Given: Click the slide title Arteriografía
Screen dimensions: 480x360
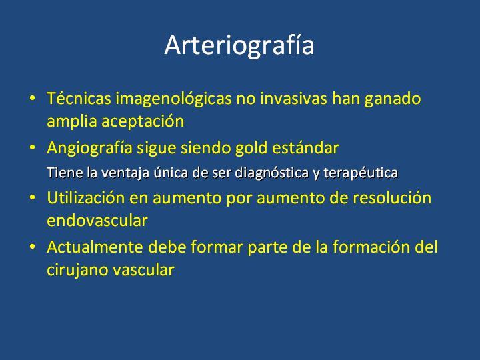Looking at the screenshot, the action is (239, 46).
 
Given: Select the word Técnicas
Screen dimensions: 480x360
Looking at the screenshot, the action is (79, 98).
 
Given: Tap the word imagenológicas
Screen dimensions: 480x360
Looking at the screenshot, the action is (173, 99).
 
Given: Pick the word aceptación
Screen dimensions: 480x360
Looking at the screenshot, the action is (143, 121).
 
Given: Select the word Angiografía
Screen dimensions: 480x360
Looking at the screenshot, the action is (89, 149).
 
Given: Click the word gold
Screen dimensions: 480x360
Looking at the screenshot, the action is (251, 147).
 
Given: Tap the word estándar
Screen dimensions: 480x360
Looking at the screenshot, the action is (305, 147).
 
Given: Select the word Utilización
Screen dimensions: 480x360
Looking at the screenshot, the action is (86, 197).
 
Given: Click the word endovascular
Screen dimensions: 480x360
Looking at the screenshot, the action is (97, 221).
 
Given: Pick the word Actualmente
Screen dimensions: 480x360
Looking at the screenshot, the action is (95, 247).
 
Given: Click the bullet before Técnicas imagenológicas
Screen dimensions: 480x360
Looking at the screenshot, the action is (32, 99).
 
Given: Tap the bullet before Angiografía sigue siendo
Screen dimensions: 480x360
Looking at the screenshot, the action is (32, 148).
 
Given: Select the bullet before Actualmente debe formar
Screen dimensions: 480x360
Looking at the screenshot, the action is (32, 247).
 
